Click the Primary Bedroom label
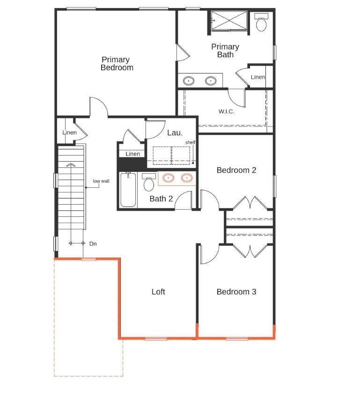point(117,63)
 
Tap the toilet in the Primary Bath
point(261,22)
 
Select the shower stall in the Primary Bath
point(228,21)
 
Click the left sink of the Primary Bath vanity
point(189,81)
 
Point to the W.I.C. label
point(226,111)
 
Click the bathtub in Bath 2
point(128,190)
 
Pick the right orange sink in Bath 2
point(187,178)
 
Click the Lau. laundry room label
point(175,133)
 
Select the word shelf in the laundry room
point(190,142)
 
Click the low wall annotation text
point(101,181)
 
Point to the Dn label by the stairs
point(93,243)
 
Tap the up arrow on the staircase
point(70,164)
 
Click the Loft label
point(158,292)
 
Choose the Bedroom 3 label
point(236,292)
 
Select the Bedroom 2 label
point(236,170)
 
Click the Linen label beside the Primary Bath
point(258,77)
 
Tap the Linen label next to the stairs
point(69,133)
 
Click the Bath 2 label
point(161,199)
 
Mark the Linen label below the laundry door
point(132,154)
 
